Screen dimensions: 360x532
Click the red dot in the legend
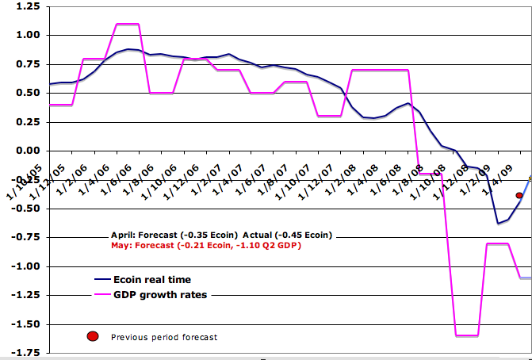[94, 337]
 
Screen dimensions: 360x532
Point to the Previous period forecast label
[164, 337]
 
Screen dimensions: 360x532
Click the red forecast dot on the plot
[519, 195]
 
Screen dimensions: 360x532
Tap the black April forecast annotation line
[221, 236]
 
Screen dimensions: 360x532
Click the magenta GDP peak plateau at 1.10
[128, 24]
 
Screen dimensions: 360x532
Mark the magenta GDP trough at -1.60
[466, 335]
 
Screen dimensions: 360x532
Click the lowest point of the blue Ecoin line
[498, 223]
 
